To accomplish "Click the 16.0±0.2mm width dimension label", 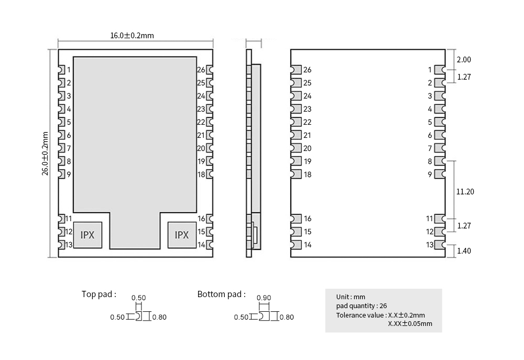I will [x=132, y=36].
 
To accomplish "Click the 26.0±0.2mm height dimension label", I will [x=46, y=154].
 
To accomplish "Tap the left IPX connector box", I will [x=88, y=235].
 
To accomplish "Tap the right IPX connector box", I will [x=181, y=235].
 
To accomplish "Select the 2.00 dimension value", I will [x=464, y=60].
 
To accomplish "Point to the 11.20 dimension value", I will [x=465, y=192].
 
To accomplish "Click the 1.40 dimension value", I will [x=464, y=250].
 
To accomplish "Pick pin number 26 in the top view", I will [x=201, y=70].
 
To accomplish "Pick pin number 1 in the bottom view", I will [x=430, y=70].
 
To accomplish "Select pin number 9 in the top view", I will [x=69, y=174].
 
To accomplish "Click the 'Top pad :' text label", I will [x=99, y=294].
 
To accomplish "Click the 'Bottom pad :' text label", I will [x=221, y=294].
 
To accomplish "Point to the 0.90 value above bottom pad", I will [x=264, y=298].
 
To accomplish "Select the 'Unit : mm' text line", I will [x=351, y=297].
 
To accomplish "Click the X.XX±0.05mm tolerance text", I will [x=410, y=323].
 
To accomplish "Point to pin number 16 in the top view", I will [x=201, y=219].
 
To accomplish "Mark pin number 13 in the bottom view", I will [x=430, y=245].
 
